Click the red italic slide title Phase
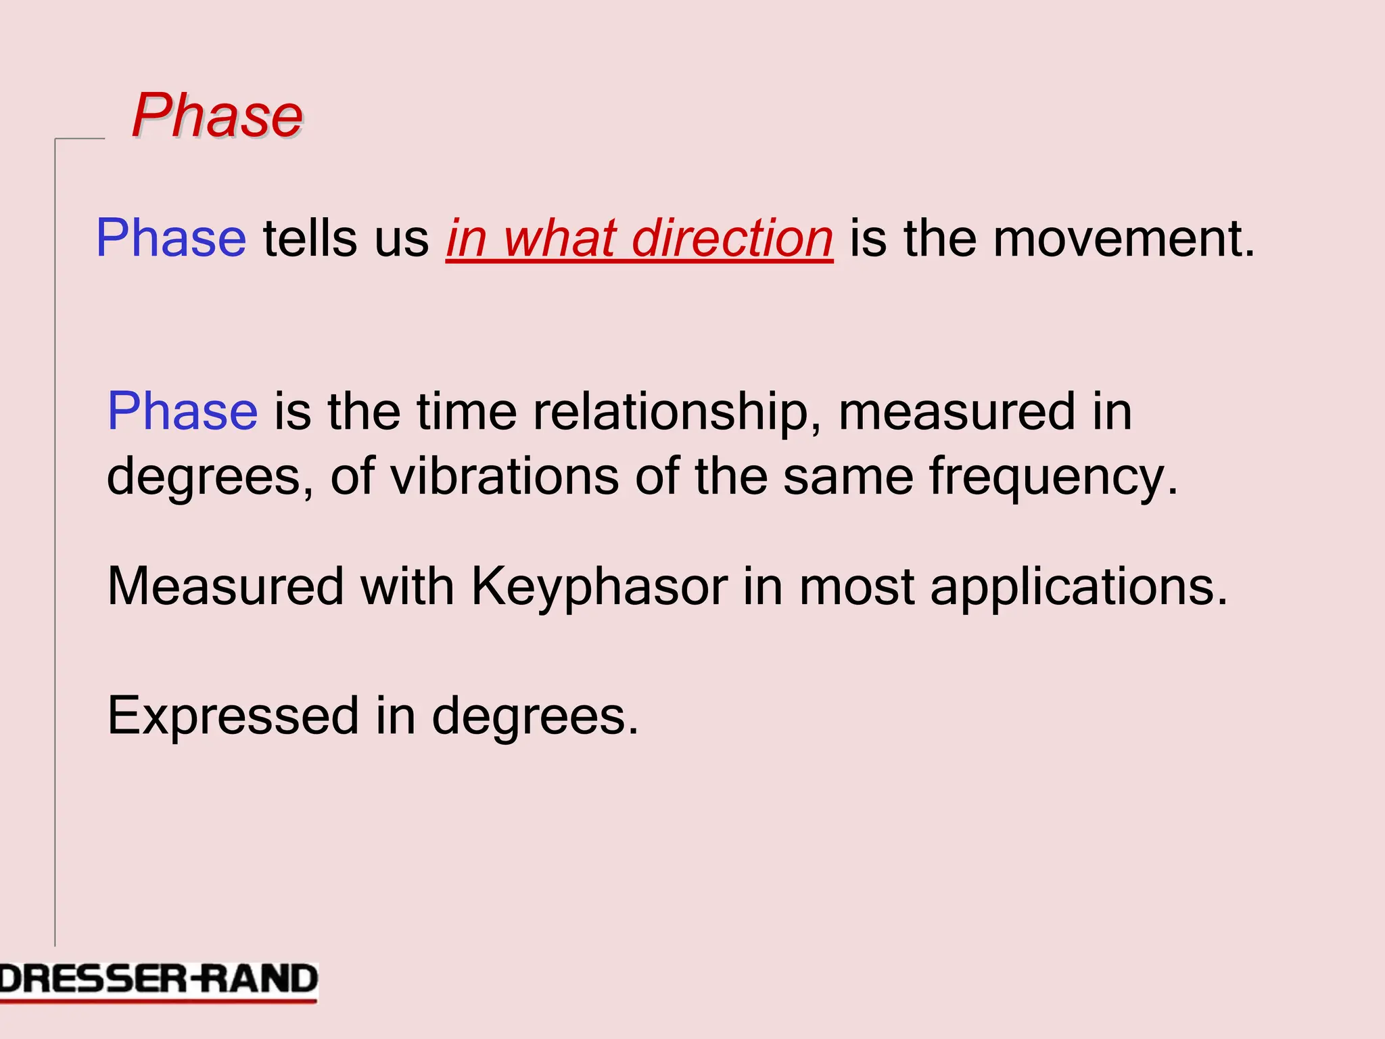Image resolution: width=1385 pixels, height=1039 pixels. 217,116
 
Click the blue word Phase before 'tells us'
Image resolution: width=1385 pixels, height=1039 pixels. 171,238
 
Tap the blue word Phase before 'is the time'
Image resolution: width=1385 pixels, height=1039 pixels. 183,411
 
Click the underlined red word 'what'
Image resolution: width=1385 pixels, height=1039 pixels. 559,238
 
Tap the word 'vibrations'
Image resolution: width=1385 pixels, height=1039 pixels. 504,476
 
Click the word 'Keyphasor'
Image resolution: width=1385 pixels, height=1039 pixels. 599,586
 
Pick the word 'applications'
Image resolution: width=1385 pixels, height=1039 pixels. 1078,586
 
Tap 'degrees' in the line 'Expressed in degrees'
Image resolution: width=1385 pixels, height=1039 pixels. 534,716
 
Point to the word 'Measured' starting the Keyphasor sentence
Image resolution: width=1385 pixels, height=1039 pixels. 226,586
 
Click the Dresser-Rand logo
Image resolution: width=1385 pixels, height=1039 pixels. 158,981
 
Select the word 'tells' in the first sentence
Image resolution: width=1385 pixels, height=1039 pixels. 310,238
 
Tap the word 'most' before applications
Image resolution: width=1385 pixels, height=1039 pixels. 856,586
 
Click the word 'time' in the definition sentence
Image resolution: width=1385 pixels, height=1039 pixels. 467,411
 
